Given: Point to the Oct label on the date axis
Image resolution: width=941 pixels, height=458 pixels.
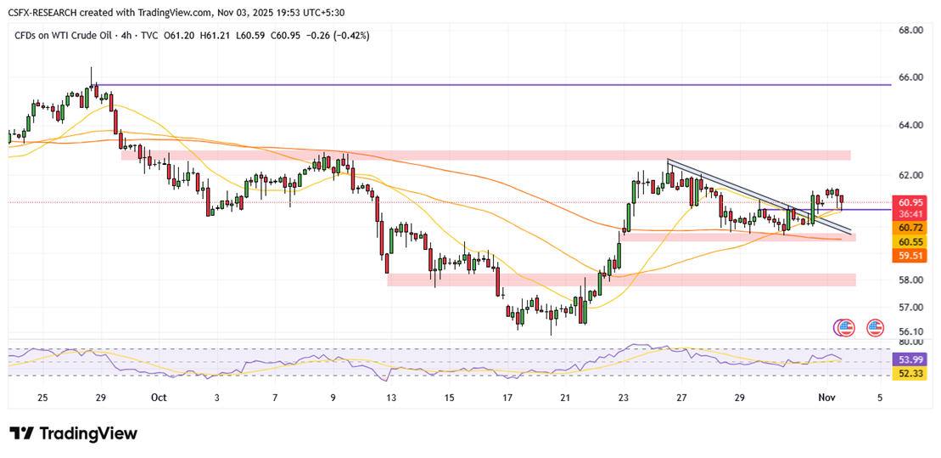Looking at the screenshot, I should tap(159, 398).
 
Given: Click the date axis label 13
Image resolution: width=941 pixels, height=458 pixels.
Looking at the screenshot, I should tap(391, 398).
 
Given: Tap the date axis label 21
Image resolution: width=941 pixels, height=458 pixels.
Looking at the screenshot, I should tap(565, 398).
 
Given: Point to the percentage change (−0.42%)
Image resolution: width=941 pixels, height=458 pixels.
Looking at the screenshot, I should tap(350, 35).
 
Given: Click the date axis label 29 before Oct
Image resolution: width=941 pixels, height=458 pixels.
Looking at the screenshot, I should tap(101, 398).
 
